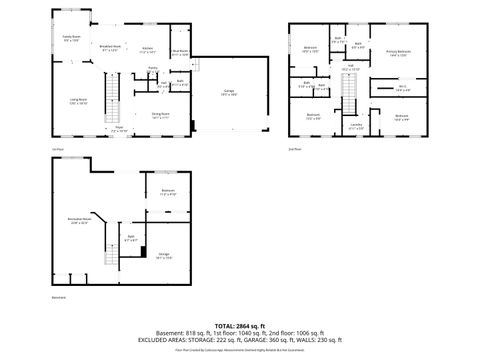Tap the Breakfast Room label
[x=111, y=47]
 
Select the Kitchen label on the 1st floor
[x=147, y=48]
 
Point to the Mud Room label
[x=180, y=53]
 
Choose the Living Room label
[x=78, y=101]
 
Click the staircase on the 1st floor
[x=113, y=104]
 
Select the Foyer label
[x=118, y=129]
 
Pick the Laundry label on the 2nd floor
[x=356, y=127]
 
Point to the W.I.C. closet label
[x=401, y=89]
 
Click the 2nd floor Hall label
[x=351, y=68]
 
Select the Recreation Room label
[x=79, y=221]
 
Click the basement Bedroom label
[x=168, y=192]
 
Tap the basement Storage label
[x=165, y=257]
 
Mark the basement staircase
[x=111, y=261]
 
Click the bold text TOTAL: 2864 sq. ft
[x=239, y=325]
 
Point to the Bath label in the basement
[x=131, y=239]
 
